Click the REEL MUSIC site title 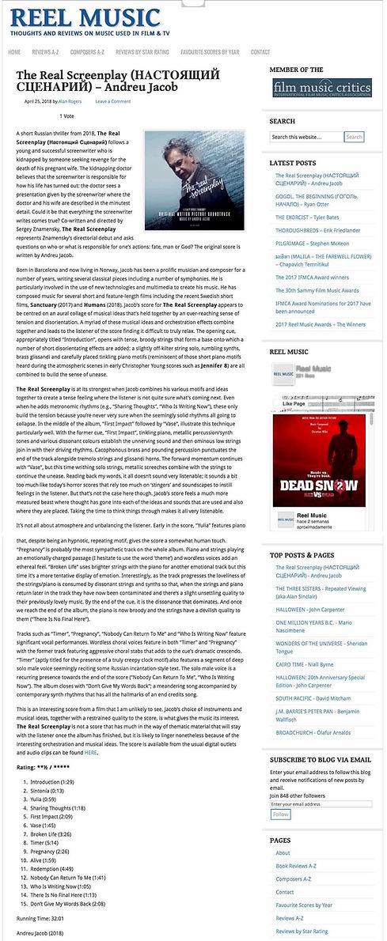(x=85, y=17)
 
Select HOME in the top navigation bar (x=14, y=52)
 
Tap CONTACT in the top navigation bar (x=260, y=52)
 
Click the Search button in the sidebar (x=354, y=137)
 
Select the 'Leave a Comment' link (x=113, y=101)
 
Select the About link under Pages (x=283, y=853)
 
